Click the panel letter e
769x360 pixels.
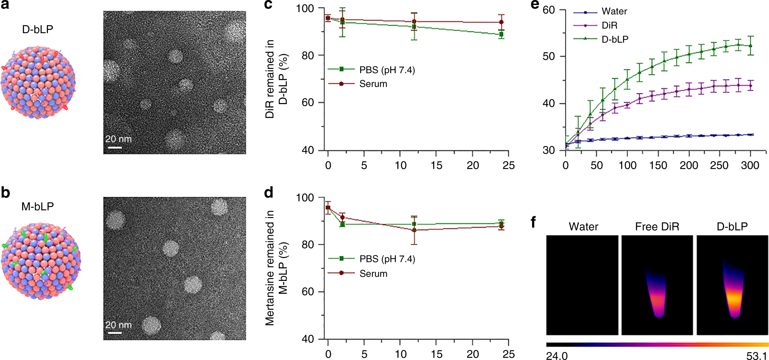(x=535, y=5)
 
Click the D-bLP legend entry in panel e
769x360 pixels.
(x=615, y=39)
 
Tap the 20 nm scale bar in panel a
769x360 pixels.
(x=114, y=147)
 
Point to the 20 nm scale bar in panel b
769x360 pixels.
(x=114, y=333)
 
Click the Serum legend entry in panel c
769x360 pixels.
(x=373, y=84)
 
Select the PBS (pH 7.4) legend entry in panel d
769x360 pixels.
(x=387, y=259)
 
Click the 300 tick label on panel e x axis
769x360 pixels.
(x=750, y=165)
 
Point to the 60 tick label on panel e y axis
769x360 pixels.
(x=548, y=10)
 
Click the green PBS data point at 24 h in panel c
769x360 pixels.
(x=501, y=34)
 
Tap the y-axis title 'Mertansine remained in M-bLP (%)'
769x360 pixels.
(x=276, y=268)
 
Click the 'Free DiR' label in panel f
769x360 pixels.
(x=657, y=227)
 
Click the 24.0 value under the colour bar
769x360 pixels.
(x=556, y=356)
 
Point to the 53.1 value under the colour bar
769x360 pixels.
(x=756, y=356)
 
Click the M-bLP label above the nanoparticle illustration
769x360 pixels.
(x=37, y=206)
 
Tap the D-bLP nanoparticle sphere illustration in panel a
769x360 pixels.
(x=38, y=82)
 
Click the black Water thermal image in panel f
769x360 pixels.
(x=582, y=285)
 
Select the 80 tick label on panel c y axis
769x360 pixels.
(x=307, y=56)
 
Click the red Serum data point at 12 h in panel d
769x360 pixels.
(x=414, y=230)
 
